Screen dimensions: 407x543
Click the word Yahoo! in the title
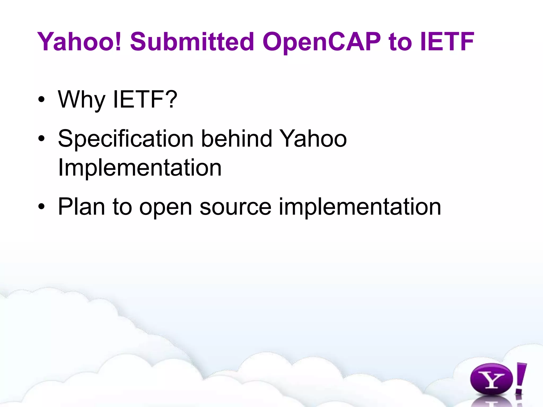79,42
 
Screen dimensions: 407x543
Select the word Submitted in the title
192,42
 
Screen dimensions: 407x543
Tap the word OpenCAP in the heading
321,42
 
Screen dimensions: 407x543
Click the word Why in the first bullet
81,100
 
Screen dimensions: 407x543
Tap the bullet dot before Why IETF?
41,100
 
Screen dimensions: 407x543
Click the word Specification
126,139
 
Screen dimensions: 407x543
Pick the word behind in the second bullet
237,138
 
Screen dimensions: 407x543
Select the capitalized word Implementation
140,167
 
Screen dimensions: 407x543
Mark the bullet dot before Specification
41,139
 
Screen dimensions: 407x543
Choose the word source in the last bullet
235,207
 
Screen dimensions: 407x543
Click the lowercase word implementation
360,207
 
